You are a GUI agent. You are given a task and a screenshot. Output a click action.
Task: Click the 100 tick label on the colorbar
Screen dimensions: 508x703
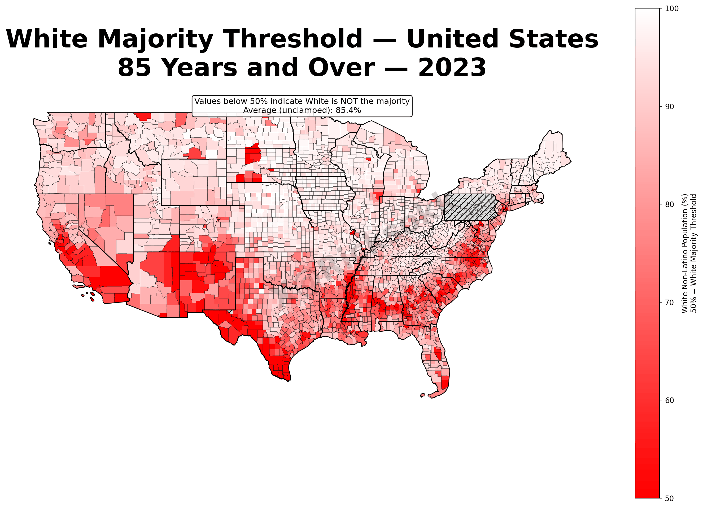pos(672,9)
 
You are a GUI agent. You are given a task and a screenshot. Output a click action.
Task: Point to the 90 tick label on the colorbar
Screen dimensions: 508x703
pos(670,107)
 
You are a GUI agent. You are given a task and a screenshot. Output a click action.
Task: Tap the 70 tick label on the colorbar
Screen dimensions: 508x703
pos(670,303)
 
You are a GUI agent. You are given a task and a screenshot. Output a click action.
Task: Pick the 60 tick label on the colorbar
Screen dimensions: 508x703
pos(670,400)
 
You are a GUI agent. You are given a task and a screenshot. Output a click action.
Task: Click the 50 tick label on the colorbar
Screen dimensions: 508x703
pos(670,498)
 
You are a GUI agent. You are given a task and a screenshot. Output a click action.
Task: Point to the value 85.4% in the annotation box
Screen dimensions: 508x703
pos(348,110)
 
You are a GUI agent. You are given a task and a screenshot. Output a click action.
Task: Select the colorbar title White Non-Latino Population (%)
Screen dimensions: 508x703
pos(685,253)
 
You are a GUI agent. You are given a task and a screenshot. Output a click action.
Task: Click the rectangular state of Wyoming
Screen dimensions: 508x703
pos(193,182)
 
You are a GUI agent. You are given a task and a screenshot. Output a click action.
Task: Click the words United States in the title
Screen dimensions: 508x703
pos(502,39)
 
